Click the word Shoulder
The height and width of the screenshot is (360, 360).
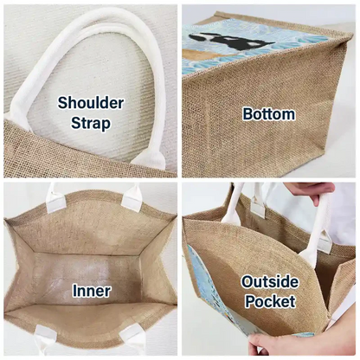point(91,103)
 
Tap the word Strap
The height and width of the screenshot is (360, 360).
point(91,123)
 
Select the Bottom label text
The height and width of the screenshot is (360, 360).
point(268,114)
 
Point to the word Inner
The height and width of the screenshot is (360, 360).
point(91,291)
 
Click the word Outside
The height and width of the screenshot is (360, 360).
point(270,282)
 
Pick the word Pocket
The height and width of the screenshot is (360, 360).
point(270,301)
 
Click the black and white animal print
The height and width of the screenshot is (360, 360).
point(231,42)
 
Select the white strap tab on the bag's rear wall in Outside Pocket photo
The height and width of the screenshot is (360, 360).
point(258,209)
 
